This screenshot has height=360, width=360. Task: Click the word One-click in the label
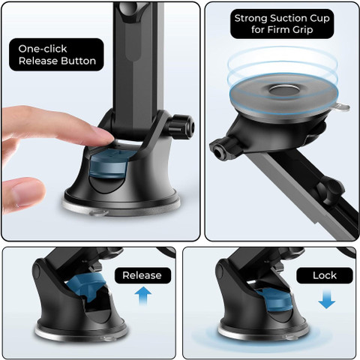click(43, 49)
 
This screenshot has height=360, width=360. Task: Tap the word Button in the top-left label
click(79, 61)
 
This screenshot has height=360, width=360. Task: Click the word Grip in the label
click(303, 30)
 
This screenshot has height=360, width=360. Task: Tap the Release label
click(142, 275)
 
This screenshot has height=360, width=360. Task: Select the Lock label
click(325, 275)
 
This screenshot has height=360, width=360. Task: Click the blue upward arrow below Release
click(143, 295)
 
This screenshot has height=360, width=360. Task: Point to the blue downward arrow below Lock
click(326, 299)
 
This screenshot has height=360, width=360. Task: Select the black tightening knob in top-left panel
click(181, 127)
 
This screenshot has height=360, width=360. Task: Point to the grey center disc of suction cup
click(284, 91)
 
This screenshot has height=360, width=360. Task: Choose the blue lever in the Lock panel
click(274, 298)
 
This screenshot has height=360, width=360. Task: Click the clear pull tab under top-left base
click(100, 213)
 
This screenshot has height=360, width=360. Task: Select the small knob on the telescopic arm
click(331, 190)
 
